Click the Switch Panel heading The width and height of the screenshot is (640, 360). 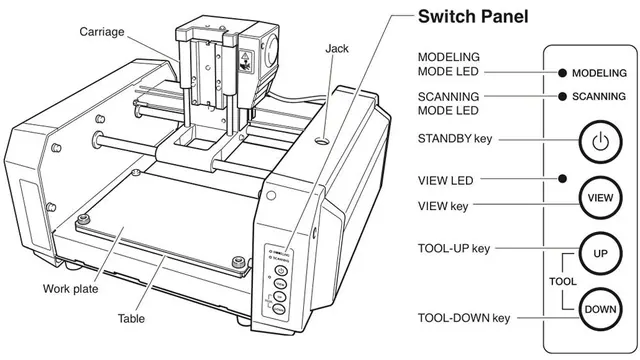[x=473, y=17]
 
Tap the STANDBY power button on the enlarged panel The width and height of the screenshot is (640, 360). [x=600, y=142]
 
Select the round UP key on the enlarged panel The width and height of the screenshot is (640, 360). [x=600, y=253]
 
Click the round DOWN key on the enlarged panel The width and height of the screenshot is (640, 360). [x=600, y=309]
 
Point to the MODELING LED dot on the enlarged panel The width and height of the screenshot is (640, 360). [x=562, y=73]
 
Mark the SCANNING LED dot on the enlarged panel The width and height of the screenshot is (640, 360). [x=562, y=96]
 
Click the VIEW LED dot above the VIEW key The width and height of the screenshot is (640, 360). [x=562, y=178]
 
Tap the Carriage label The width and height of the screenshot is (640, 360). [x=102, y=32]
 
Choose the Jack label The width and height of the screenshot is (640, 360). [x=337, y=49]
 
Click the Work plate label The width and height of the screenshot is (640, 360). [x=71, y=289]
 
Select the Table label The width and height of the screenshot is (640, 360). [x=131, y=318]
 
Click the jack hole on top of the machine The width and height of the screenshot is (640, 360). [x=322, y=141]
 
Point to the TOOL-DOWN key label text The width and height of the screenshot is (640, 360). [x=464, y=318]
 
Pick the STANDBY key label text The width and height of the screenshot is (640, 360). [x=455, y=139]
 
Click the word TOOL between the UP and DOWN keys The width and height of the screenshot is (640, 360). [x=562, y=281]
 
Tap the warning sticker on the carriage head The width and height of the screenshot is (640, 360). [x=245, y=61]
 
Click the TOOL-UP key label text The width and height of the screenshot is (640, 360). [x=454, y=249]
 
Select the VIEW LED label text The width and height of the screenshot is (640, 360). [x=445, y=180]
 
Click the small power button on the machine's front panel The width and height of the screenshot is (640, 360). [x=280, y=270]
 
